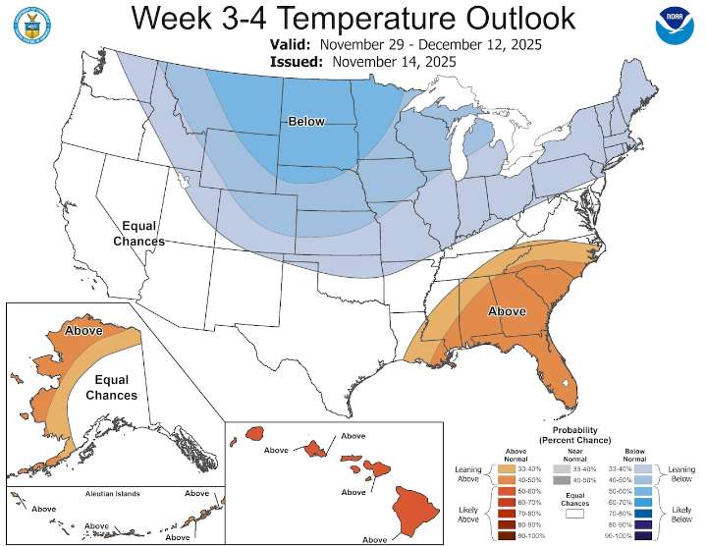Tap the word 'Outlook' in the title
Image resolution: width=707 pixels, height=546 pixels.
(495, 18)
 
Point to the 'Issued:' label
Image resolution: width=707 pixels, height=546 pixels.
(298, 62)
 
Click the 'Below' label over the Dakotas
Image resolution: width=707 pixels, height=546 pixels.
(305, 121)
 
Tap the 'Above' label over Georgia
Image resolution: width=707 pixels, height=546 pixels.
(507, 310)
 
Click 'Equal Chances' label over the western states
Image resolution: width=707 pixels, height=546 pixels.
(138, 233)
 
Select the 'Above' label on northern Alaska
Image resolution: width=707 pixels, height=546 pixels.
(83, 331)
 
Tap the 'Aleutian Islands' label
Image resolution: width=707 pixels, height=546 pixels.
(113, 493)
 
